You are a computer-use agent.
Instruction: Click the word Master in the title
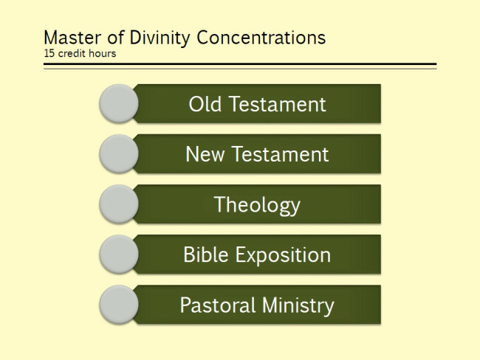click(72, 38)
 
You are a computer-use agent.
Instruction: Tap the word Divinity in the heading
click(160, 38)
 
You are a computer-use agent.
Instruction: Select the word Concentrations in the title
click(261, 38)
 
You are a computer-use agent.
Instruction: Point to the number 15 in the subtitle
click(49, 53)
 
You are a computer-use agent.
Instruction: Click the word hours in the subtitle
click(103, 53)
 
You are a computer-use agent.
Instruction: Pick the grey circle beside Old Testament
click(119, 104)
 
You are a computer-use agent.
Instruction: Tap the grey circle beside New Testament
click(119, 154)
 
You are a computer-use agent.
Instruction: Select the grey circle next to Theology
click(119, 204)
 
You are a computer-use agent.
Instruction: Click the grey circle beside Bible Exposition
click(119, 255)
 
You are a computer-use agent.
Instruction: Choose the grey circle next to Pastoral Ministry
click(119, 305)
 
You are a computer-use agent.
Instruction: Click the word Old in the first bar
click(205, 104)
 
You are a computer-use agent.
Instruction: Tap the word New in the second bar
click(205, 154)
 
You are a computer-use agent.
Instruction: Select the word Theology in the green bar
click(257, 205)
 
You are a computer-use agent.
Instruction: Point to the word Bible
click(206, 255)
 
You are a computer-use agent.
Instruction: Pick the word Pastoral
click(218, 305)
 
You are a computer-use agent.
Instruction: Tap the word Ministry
click(298, 306)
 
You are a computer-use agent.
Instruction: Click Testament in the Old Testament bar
click(278, 104)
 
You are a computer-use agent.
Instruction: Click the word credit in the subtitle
click(72, 53)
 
